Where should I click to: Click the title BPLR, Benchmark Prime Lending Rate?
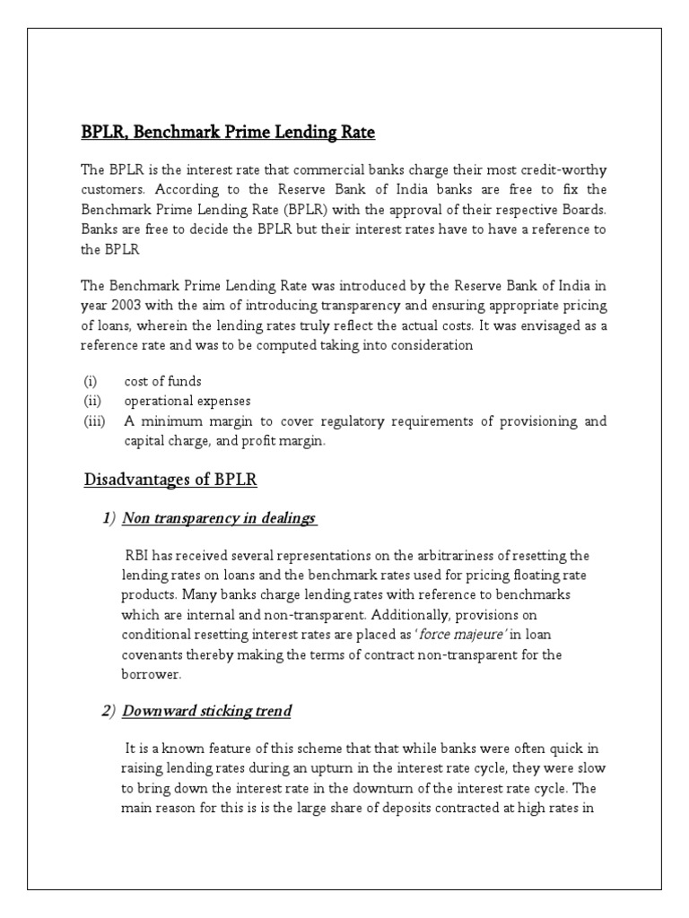pyautogui.click(x=228, y=133)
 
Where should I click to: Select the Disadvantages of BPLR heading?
pyautogui.click(x=170, y=480)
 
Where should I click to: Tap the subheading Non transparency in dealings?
pyautogui.click(x=219, y=519)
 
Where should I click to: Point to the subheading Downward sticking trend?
pyautogui.click(x=206, y=711)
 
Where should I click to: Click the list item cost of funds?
pyautogui.click(x=162, y=381)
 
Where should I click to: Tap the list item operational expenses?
pyautogui.click(x=188, y=401)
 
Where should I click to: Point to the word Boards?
pyautogui.click(x=583, y=210)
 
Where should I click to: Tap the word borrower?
pyautogui.click(x=150, y=674)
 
